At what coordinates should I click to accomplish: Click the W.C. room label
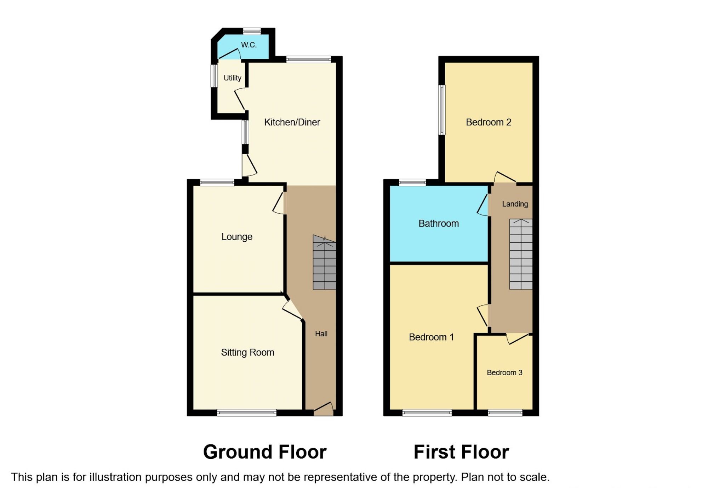point(249,45)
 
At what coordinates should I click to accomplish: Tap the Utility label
point(232,78)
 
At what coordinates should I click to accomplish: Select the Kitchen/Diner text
point(292,122)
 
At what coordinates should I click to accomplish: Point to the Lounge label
point(237,237)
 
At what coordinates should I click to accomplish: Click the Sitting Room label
point(247,352)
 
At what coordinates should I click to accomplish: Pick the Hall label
point(321,334)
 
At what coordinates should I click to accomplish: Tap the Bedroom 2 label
point(488,122)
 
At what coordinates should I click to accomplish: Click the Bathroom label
point(439,224)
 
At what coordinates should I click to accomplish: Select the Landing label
point(515,204)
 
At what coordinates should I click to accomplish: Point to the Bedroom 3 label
point(504,372)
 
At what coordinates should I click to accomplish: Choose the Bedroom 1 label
point(431,337)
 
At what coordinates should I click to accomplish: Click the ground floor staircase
point(324,263)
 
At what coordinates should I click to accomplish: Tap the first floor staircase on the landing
point(521,254)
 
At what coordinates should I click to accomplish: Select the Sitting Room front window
point(247,413)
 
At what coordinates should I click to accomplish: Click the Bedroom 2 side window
point(442,110)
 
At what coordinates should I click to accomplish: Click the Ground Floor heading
point(264,452)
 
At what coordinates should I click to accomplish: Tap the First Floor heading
point(461,452)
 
